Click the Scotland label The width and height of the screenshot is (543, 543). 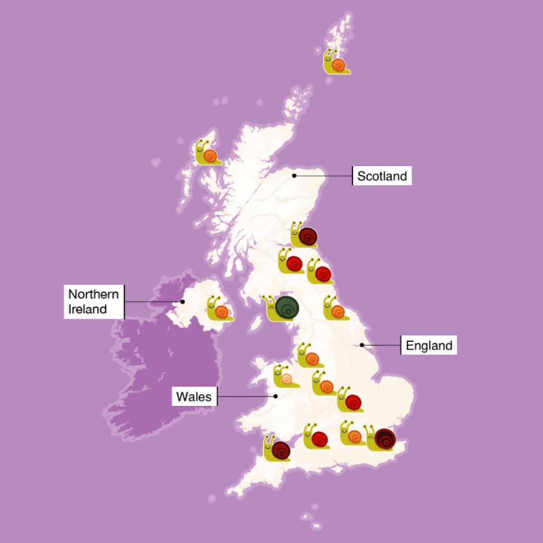[x=382, y=176]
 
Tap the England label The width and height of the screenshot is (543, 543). [x=429, y=345]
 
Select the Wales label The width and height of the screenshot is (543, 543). [x=194, y=397]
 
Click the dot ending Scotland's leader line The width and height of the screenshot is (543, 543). [x=294, y=176]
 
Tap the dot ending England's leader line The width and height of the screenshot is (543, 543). [x=362, y=345]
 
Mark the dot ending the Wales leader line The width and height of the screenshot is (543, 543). [x=275, y=396]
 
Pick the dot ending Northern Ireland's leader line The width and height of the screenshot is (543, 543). [x=182, y=302]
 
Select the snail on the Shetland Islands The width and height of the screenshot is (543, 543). [x=336, y=62]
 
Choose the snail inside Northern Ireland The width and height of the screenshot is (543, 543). [x=219, y=309]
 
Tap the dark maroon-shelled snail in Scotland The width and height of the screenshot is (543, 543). [x=304, y=235]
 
